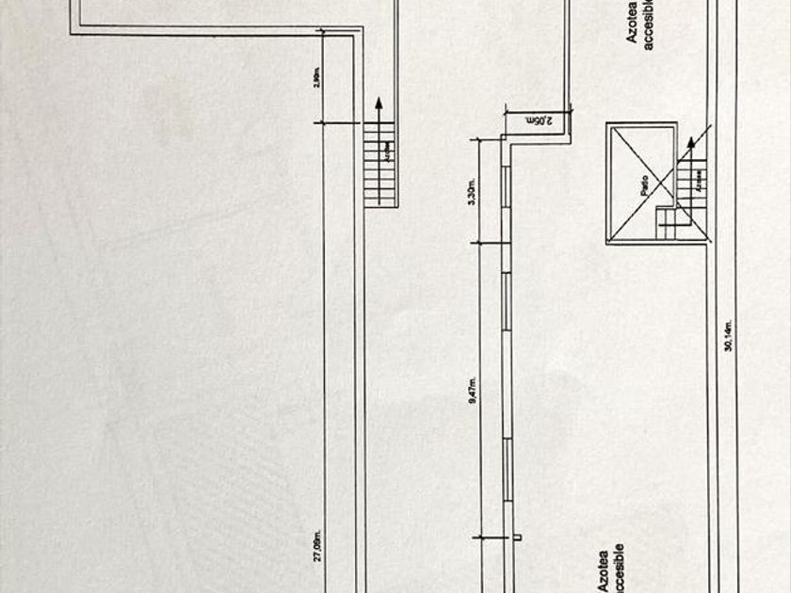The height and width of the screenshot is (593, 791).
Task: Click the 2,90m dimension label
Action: point(317,75)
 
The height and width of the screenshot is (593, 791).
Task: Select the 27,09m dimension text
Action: point(317,548)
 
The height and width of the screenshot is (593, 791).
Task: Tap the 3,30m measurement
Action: point(473,192)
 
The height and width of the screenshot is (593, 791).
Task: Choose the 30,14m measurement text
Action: point(728,335)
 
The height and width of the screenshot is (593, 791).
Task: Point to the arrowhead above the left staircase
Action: point(378,104)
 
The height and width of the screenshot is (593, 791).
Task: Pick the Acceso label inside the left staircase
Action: point(384,148)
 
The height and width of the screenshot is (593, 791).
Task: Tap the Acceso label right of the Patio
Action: point(699,182)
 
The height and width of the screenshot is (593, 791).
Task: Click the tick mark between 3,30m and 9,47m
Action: point(480,244)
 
